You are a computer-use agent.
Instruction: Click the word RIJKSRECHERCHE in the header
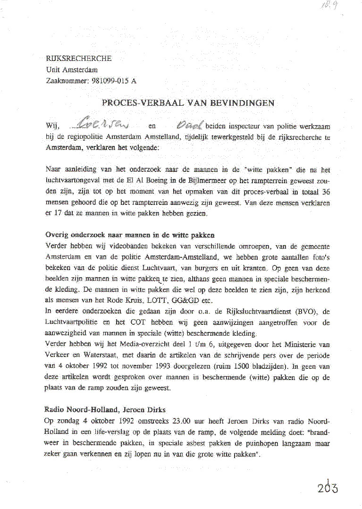pyautogui.click(x=79, y=59)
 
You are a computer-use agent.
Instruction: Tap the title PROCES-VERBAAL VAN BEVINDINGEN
pyautogui.click(x=188, y=103)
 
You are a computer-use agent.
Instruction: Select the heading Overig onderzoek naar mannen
pyautogui.click(x=130, y=235)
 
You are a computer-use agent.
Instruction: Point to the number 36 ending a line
pyautogui.click(x=325, y=192)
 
